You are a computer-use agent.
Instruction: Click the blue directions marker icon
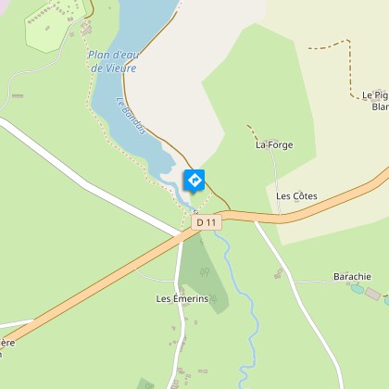tap(194, 180)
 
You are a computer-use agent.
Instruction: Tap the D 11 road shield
tap(207, 222)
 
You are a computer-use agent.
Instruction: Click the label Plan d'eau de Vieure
tap(112, 61)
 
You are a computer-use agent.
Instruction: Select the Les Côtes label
tap(296, 196)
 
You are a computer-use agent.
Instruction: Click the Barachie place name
tap(352, 276)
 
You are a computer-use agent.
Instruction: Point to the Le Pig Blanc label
tap(376, 101)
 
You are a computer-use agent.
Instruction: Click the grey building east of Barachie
tap(372, 294)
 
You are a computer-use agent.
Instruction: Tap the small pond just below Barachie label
tap(358, 289)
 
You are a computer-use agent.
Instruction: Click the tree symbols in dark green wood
tap(206, 272)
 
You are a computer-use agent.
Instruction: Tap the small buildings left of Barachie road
tap(278, 273)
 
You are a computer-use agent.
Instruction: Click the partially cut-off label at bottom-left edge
tap(7, 346)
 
